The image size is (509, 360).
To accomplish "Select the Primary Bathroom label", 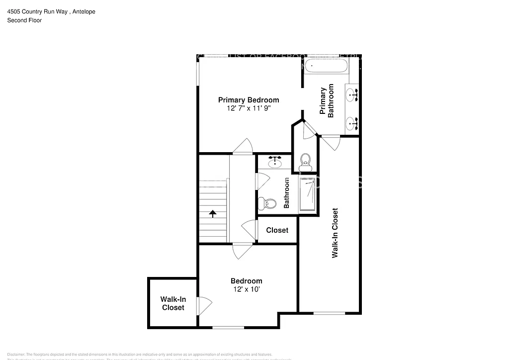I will (327, 102).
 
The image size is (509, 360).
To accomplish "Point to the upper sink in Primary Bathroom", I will (352, 93).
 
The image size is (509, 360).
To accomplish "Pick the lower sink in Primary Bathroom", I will (352, 122).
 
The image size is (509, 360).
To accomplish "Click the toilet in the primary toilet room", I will (305, 161).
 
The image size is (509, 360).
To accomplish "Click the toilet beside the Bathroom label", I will (269, 203).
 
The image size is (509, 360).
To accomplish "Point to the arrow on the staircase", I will (213, 214).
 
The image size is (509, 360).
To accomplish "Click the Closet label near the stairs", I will (277, 230).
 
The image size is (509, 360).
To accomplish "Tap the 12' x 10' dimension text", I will (246, 289).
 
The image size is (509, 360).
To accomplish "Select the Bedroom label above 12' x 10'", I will (246, 281).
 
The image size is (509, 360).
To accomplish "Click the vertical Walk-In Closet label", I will (335, 233).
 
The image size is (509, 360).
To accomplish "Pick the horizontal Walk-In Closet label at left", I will (172, 303).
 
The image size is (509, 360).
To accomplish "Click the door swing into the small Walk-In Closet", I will (204, 304).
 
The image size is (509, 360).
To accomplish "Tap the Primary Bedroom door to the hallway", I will (243, 147).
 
